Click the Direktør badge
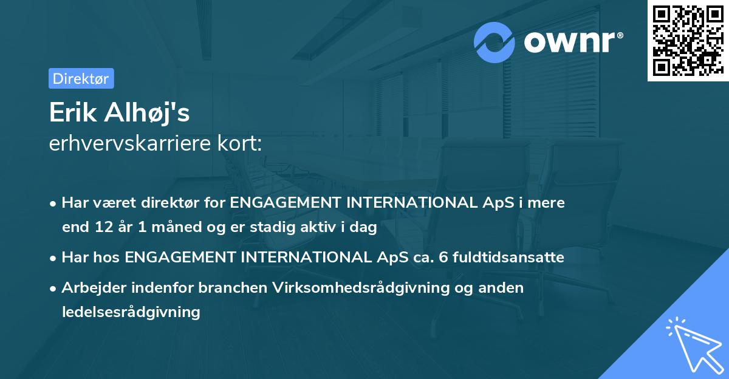(81, 78)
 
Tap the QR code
(687, 40)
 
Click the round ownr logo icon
(495, 42)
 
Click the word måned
(172, 228)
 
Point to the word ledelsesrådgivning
(131, 312)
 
